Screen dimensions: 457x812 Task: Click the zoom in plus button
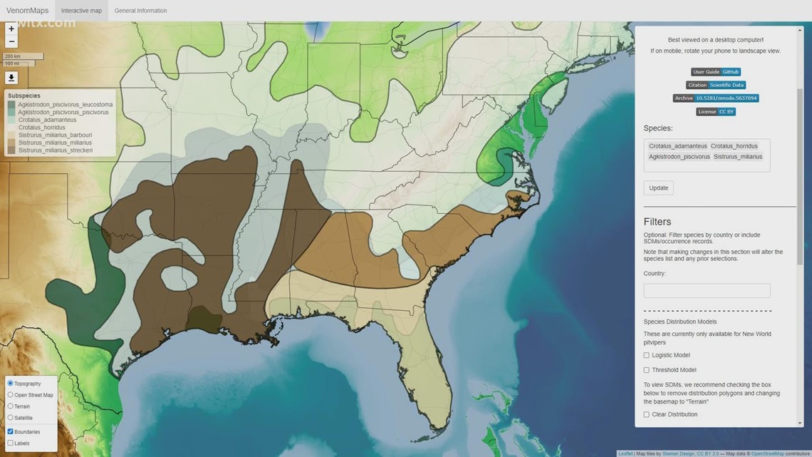11,29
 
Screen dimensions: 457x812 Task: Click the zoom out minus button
11,42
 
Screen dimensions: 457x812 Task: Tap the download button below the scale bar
11,78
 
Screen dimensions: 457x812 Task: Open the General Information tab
140,11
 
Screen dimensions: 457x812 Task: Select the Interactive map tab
81,11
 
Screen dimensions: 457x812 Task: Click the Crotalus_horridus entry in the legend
41,128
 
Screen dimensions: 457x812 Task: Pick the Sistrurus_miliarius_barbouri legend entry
54,135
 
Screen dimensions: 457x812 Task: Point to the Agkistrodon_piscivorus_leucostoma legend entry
64,105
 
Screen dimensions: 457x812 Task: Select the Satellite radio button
11,418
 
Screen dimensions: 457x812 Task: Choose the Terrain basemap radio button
11,406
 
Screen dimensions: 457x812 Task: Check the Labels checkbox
11,443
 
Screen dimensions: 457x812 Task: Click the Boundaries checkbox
11,432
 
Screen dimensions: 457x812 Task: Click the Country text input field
707,291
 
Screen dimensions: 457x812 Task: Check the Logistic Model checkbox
647,355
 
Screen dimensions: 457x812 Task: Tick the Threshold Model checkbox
647,370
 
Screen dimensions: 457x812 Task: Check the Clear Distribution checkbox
647,414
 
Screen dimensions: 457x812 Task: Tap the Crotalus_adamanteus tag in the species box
677,146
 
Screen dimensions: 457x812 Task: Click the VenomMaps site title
27,11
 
